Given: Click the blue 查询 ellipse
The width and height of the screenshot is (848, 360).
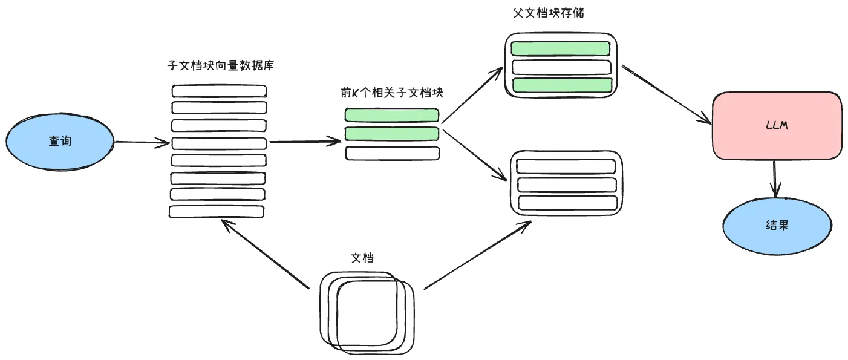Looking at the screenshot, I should [x=60, y=141].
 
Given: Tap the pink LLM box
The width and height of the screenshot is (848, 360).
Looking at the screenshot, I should [x=777, y=127].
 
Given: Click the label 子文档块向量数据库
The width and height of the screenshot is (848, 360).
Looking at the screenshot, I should [x=220, y=65].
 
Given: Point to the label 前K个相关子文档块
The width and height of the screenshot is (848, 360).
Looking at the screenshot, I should [x=392, y=93].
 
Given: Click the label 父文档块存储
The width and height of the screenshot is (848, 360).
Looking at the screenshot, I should [x=549, y=13].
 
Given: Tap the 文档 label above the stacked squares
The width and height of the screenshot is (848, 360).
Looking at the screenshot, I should [x=362, y=258].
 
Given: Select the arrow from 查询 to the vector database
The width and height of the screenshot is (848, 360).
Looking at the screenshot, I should [x=142, y=143].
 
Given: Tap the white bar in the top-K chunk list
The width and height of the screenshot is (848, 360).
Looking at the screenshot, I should [x=392, y=153].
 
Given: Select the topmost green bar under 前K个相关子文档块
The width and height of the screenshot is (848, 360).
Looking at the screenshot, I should [x=392, y=114].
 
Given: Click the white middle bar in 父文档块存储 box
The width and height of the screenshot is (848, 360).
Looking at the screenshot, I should [x=561, y=67].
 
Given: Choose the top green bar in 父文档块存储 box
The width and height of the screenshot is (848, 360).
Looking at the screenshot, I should [x=561, y=48].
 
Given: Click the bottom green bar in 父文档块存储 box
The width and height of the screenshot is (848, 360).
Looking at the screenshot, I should [x=561, y=85].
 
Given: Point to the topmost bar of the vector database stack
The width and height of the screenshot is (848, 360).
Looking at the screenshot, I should [x=219, y=91].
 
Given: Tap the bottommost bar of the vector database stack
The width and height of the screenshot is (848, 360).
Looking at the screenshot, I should [x=217, y=212].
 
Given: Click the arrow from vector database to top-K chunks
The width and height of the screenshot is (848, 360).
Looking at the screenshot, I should [x=305, y=143].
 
